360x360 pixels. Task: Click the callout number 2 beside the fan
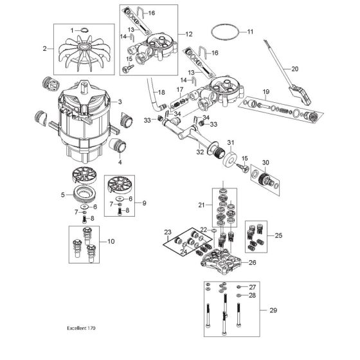point(44,49)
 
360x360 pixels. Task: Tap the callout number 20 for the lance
point(295,69)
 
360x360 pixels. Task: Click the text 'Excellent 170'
point(81,328)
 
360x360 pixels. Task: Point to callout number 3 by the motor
point(120,102)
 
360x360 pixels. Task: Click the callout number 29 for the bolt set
point(273,310)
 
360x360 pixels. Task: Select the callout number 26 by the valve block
point(252,262)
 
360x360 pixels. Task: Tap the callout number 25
point(278,235)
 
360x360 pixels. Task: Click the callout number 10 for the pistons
point(111,242)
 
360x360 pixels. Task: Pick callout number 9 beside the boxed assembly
point(144,203)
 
